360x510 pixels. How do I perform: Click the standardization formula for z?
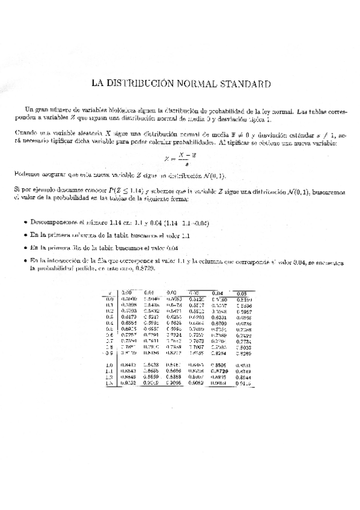(x=180, y=159)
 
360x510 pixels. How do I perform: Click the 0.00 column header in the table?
(x=127, y=292)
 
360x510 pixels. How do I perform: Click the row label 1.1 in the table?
(x=110, y=372)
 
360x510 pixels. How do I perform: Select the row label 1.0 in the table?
(x=110, y=365)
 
